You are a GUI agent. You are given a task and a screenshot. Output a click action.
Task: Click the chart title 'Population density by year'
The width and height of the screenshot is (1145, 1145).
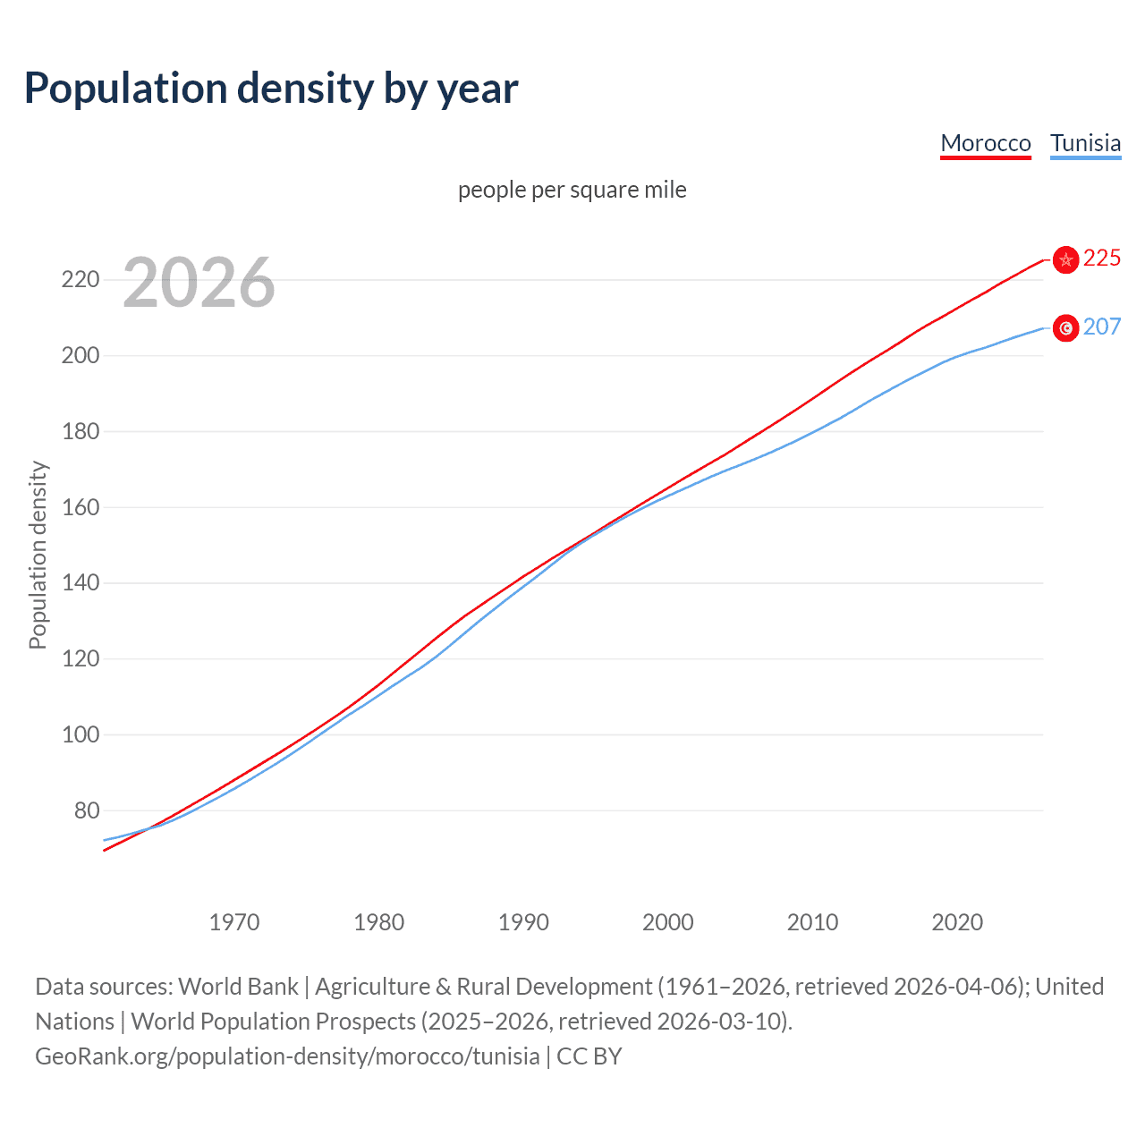271,89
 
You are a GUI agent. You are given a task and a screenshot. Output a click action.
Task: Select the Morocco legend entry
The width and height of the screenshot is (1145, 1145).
985,143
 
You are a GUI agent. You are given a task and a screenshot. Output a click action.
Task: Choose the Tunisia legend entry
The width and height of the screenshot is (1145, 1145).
1085,143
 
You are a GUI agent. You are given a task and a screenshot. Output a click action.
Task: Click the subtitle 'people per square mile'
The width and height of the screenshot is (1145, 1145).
572,190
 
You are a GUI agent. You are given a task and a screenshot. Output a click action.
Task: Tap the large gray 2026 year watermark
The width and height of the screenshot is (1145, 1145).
199,283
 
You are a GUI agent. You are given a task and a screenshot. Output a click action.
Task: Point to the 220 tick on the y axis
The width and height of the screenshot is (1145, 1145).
81,280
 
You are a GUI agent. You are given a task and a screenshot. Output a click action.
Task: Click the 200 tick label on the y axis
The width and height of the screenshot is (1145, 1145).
81,356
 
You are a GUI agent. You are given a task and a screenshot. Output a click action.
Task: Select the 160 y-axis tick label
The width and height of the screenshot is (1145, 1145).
81,507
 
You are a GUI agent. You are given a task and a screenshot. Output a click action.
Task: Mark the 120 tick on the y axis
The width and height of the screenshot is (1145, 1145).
81,659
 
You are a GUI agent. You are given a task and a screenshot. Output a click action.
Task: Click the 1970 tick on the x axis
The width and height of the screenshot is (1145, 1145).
234,922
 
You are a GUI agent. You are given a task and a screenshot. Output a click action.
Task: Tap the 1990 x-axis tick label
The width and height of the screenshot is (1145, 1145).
523,922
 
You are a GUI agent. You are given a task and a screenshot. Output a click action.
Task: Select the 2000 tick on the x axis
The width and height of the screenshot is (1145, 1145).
668,922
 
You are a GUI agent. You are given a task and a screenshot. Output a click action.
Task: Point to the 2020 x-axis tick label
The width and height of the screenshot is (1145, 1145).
957,922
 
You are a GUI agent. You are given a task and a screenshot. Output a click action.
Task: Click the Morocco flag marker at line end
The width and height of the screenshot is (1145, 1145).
1065,259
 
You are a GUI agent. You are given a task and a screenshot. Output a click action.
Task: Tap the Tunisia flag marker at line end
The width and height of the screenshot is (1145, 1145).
1065,328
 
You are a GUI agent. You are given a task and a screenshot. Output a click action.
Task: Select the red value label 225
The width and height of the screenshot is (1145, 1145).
1101,259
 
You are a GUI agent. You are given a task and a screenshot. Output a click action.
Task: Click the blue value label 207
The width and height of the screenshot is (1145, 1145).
1101,327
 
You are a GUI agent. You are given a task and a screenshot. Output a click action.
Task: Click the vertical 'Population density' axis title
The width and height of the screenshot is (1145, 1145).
38,555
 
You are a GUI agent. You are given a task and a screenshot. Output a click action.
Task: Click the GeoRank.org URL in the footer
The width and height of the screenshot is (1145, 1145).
287,1056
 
